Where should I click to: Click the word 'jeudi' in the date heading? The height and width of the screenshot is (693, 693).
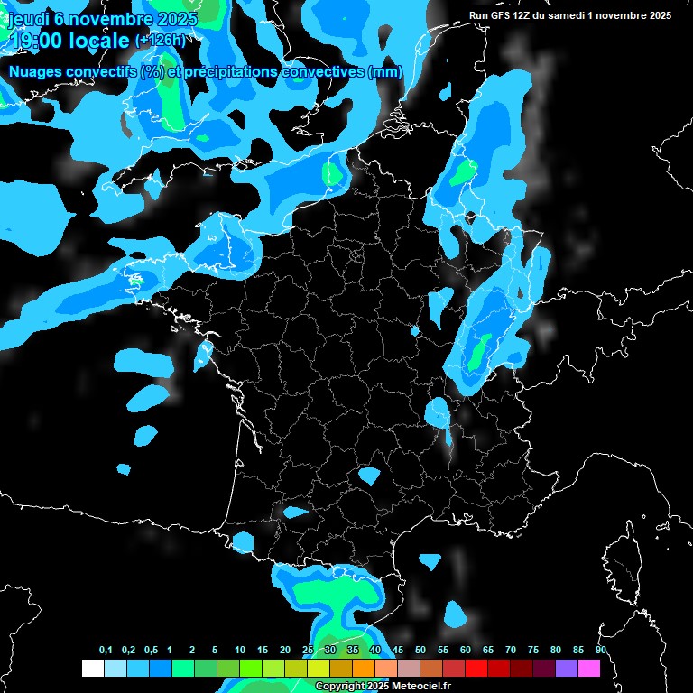click(x=28, y=20)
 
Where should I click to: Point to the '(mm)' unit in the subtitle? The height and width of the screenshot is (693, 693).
click(x=384, y=72)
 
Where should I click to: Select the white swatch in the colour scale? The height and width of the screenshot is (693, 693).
click(x=92, y=669)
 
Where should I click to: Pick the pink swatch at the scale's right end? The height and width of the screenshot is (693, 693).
click(x=589, y=669)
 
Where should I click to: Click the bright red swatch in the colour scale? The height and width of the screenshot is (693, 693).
click(x=476, y=669)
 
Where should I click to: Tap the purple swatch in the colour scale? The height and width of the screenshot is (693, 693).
click(x=567, y=669)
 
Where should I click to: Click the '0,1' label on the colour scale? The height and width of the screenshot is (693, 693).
click(x=106, y=651)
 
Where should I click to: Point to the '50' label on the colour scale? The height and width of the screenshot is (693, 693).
click(x=420, y=651)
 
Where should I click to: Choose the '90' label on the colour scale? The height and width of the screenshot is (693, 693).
click(x=600, y=651)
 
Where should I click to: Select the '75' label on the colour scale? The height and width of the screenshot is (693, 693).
click(x=532, y=651)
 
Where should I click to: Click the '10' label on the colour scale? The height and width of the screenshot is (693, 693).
click(x=239, y=651)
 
